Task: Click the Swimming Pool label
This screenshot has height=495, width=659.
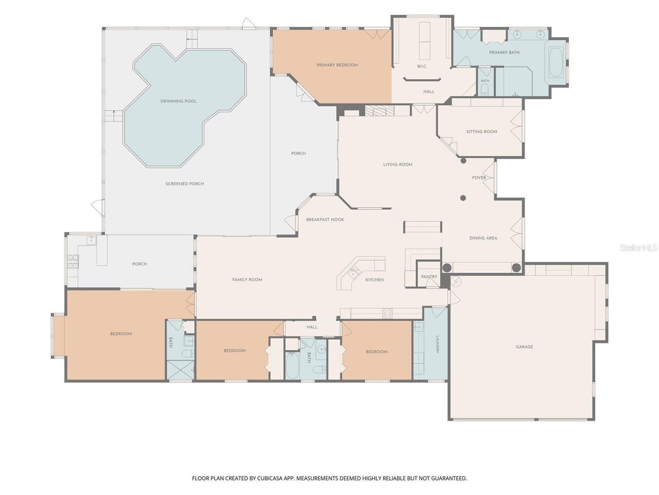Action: coord(178,101)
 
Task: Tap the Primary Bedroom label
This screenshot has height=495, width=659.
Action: coord(337,65)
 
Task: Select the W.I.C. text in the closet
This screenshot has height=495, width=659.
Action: coord(422,67)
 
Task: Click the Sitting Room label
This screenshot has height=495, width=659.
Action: coord(481,131)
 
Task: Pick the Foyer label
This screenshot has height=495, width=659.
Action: coord(479,177)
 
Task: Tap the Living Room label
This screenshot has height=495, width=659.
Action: coord(398,164)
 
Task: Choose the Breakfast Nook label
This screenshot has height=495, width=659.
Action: coord(325,220)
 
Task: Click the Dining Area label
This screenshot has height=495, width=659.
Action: coord(483,238)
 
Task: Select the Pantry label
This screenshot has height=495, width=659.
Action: coord(429,276)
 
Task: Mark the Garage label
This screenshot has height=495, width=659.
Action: coord(525,347)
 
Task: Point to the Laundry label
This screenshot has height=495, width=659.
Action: coord(438,344)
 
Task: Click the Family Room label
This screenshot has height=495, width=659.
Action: coord(247,280)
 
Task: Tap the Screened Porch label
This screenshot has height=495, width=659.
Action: coord(185,184)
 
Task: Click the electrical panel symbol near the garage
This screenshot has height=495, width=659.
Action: coord(456,281)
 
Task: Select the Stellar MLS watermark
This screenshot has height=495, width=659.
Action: coord(638,247)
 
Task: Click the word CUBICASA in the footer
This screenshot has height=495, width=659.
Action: coord(270,478)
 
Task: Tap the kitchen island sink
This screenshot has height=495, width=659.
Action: coord(355,272)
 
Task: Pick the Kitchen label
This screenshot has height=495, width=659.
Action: coord(375,280)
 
